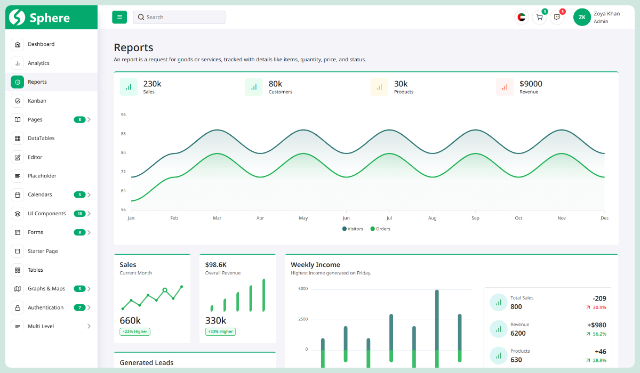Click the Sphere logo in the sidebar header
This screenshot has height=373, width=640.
(x=40, y=18)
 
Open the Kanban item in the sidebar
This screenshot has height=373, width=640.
(x=37, y=101)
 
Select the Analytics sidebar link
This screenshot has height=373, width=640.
(x=38, y=63)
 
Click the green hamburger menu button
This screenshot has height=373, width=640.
(x=119, y=17)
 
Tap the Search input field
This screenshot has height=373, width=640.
(x=179, y=17)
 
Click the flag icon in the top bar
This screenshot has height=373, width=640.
(x=521, y=18)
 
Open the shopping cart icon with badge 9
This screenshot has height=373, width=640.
(x=539, y=18)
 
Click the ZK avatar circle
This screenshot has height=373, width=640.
(x=582, y=17)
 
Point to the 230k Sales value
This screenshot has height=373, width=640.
(x=152, y=84)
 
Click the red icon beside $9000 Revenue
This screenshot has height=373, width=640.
(x=505, y=87)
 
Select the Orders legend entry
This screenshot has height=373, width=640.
(x=380, y=229)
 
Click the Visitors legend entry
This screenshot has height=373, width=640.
(x=353, y=229)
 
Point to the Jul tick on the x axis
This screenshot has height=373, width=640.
(x=389, y=218)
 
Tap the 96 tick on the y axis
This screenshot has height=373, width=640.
(x=123, y=115)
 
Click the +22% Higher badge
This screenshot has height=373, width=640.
(x=135, y=331)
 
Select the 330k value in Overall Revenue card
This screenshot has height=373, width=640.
(x=215, y=320)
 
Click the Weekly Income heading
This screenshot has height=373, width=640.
(x=315, y=265)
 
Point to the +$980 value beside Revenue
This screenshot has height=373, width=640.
(x=596, y=325)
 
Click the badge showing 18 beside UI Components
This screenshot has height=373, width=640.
(x=79, y=214)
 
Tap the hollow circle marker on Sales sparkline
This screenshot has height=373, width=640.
(x=165, y=290)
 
